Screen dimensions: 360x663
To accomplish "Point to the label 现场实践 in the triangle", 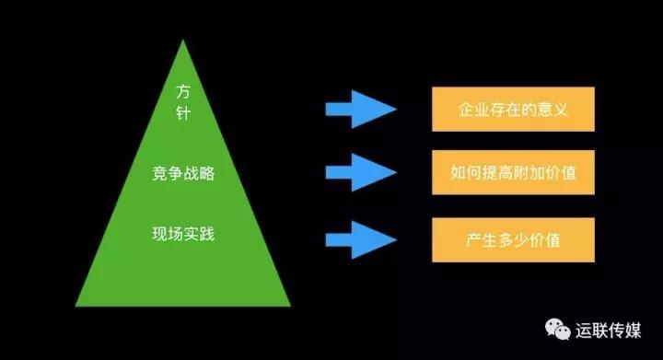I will click(182, 234).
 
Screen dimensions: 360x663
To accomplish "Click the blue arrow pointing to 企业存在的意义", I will click(360, 110).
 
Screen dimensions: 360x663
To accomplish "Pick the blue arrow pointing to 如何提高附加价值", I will click(360, 172).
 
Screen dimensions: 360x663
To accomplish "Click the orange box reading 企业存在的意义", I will click(513, 110).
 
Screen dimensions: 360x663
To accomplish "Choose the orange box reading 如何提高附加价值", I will click(513, 172).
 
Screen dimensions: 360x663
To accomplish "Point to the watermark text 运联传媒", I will click(614, 329).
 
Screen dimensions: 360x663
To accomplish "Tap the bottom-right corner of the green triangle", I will click(290, 306).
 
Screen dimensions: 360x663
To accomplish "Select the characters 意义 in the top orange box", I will click(554, 110).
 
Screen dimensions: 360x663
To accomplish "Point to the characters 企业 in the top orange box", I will click(471, 110).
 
